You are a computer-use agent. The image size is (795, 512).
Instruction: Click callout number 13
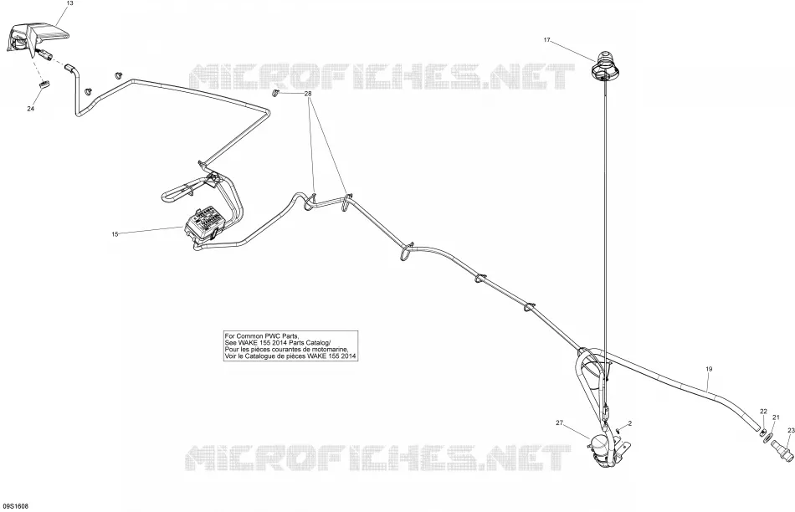click(70, 3)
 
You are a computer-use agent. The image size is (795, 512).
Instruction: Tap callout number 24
click(30, 109)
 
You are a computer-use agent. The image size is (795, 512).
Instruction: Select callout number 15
click(115, 234)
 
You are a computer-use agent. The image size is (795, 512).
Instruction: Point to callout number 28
click(308, 94)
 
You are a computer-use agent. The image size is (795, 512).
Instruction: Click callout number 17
click(546, 40)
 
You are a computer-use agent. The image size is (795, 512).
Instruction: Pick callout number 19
click(709, 369)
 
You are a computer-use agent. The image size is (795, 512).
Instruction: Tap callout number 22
click(763, 411)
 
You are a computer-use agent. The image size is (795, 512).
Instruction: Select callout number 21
click(776, 417)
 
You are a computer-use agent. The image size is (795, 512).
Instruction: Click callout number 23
click(791, 430)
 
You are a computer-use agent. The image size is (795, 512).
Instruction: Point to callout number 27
click(560, 422)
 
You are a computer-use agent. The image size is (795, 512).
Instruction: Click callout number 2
click(629, 422)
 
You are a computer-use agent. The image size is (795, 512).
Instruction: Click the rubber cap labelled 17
click(603, 65)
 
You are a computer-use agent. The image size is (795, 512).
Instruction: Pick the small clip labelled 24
click(44, 84)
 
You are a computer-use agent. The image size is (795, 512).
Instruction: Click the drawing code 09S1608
click(16, 506)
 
